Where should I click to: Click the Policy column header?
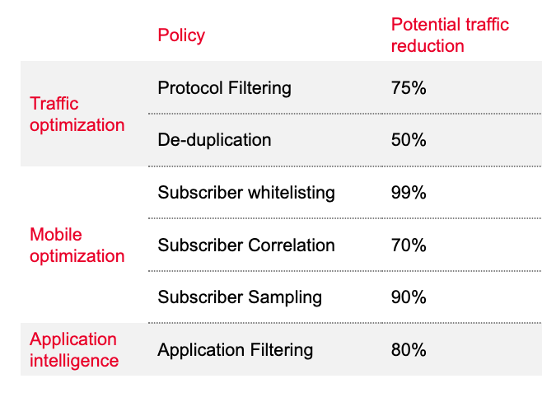coord(181,35)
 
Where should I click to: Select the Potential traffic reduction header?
coord(450,35)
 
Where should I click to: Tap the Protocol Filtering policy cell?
coord(224,88)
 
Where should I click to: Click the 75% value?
coord(409,88)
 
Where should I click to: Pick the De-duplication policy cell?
coord(214,140)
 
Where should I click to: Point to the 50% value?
coord(409,140)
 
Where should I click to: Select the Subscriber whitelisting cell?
coord(246,193)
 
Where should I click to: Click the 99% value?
coord(409,193)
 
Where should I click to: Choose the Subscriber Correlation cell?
coord(246,245)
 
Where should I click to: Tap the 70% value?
coord(409,245)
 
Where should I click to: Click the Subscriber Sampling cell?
coord(240,297)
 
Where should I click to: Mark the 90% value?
coord(409,297)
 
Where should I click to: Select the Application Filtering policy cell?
coord(235,350)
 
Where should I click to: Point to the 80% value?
coord(409,350)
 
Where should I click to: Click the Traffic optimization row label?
coord(77,115)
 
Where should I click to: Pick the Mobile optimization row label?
coord(77,245)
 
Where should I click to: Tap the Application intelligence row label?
coord(74,350)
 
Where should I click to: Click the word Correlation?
coord(292,245)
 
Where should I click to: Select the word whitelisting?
coord(292,193)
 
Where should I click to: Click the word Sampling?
coord(285,297)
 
